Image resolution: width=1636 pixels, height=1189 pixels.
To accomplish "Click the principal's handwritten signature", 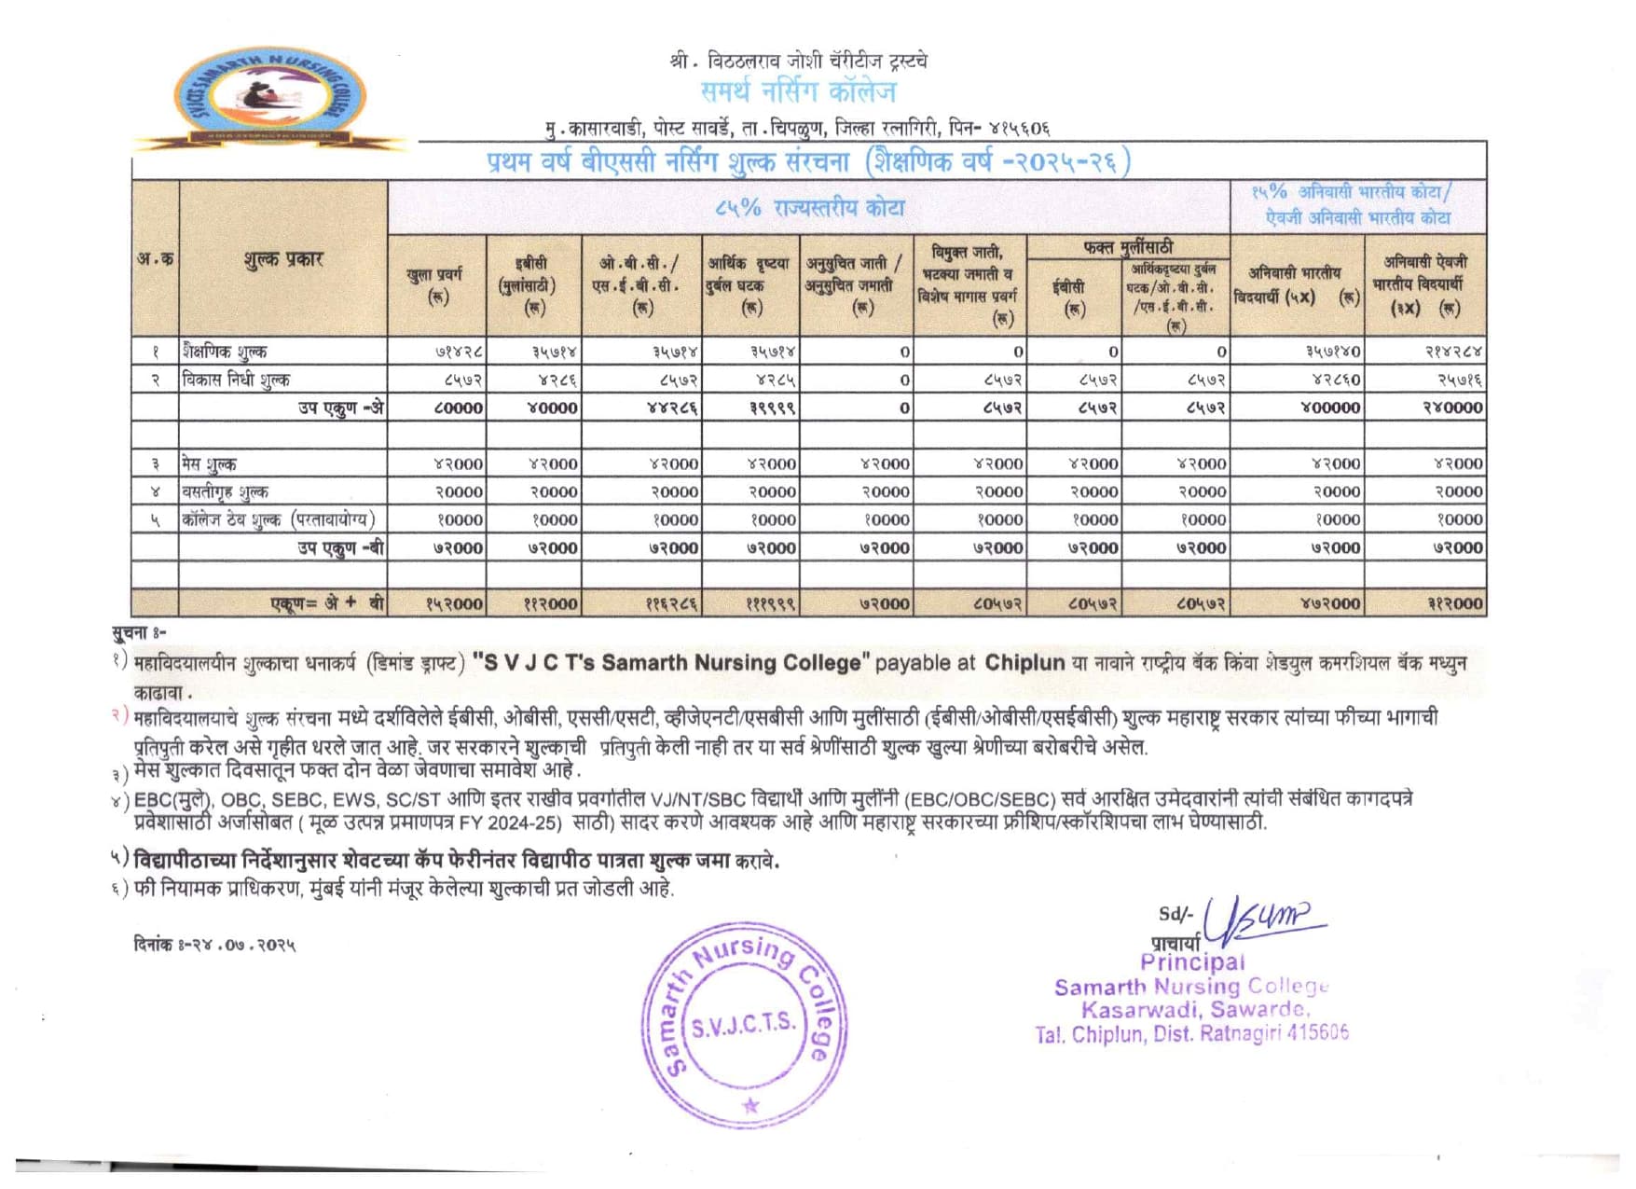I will [1262, 919].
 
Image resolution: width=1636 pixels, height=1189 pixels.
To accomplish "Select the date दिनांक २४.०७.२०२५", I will [214, 945].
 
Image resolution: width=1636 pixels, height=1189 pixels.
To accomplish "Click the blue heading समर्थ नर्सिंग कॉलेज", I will [798, 92].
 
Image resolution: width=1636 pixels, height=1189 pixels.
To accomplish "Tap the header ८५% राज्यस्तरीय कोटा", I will [809, 207].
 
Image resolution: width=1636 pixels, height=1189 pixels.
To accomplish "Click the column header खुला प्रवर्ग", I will [435, 284].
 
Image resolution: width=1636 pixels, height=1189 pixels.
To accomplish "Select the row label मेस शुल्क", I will [210, 463].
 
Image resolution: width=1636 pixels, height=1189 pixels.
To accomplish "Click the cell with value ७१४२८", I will [459, 352].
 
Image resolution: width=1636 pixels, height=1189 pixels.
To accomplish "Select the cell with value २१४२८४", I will [1452, 352].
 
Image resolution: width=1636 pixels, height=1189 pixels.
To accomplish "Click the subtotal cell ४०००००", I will [1329, 408].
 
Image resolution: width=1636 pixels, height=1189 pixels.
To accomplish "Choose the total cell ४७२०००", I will [1329, 603].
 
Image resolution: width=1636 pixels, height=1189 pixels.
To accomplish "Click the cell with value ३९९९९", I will [773, 408].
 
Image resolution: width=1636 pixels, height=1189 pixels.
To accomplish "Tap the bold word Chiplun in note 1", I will [1024, 663].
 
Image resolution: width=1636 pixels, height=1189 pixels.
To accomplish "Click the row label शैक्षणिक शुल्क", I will [225, 352].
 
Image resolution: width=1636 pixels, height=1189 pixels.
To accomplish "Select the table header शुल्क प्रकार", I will [282, 259].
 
